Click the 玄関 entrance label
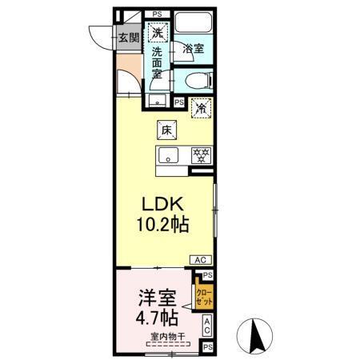coord(128,37)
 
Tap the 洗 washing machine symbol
coord(159,33)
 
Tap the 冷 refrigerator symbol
coord(202,106)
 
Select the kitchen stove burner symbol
coord(202,154)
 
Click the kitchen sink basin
coord(170,154)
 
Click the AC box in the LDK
coord(201,259)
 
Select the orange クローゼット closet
coord(205,298)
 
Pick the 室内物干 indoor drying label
coord(166,337)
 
